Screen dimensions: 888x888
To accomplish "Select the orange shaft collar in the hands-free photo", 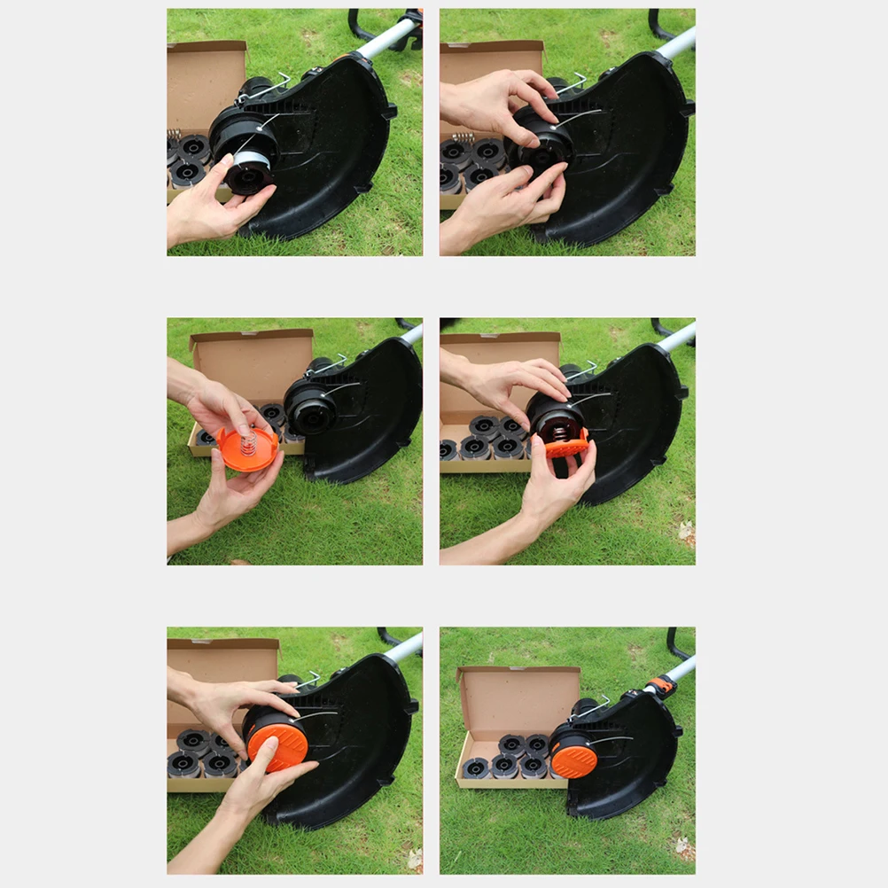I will pos(658,685).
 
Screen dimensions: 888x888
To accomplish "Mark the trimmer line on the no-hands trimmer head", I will pos(611,738).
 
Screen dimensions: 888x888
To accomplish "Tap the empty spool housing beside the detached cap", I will pos(310,408).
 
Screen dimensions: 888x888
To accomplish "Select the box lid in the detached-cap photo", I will pos(252,363).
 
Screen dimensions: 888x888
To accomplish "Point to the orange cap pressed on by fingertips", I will pos(277,741).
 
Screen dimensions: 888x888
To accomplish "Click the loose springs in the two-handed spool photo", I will pos(463,138).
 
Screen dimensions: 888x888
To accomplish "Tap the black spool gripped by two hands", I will pos(541,142).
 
